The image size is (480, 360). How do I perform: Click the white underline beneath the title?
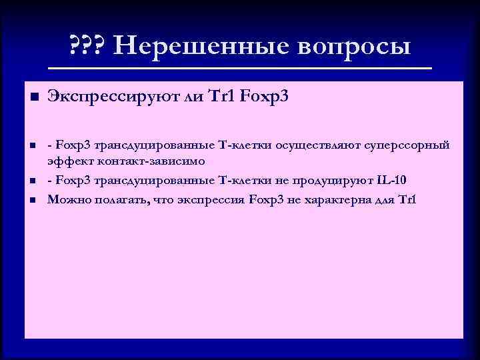241,69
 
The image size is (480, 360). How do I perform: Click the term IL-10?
395,180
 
